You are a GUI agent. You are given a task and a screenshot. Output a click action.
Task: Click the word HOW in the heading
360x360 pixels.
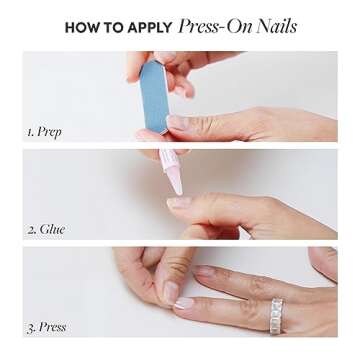(81, 28)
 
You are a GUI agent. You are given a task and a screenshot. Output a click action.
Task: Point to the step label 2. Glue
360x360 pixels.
(45, 229)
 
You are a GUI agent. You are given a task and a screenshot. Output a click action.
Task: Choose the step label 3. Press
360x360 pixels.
(45, 327)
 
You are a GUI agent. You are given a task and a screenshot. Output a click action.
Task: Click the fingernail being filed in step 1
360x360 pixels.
(176, 121)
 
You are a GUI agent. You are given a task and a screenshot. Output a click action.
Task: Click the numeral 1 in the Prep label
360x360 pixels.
(29, 131)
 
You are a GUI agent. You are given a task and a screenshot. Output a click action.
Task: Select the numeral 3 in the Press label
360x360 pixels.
(30, 327)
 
